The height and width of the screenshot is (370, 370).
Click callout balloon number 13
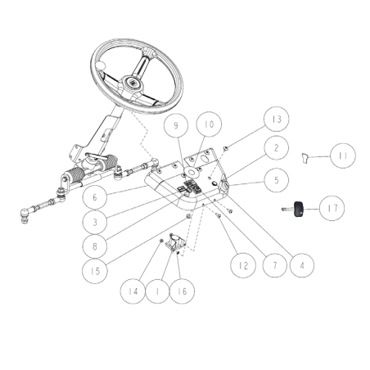click(x=277, y=120)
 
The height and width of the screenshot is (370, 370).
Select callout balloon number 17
click(x=332, y=208)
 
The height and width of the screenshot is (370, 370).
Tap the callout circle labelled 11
click(x=343, y=156)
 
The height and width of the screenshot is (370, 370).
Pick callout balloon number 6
click(x=95, y=197)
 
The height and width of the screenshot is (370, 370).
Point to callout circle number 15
click(x=95, y=271)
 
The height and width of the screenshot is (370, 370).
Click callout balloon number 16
click(x=182, y=291)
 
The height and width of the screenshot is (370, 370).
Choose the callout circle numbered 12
click(x=243, y=265)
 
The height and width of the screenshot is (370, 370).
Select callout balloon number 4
click(x=302, y=265)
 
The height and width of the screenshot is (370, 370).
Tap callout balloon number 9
click(x=176, y=125)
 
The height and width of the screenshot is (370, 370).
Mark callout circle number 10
click(x=209, y=124)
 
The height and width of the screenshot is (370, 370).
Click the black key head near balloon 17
click(x=298, y=210)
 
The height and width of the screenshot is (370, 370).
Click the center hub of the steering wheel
click(x=133, y=82)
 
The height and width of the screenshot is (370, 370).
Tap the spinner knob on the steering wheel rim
click(x=100, y=65)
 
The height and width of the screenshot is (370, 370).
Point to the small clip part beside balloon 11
click(x=305, y=158)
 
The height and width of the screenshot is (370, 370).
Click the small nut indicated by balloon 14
click(x=161, y=241)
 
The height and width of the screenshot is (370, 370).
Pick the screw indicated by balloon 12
click(x=219, y=215)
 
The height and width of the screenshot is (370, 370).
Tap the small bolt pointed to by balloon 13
click(x=226, y=148)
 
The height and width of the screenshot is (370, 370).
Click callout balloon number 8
click(x=95, y=246)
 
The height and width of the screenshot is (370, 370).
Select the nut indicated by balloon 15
click(x=188, y=216)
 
